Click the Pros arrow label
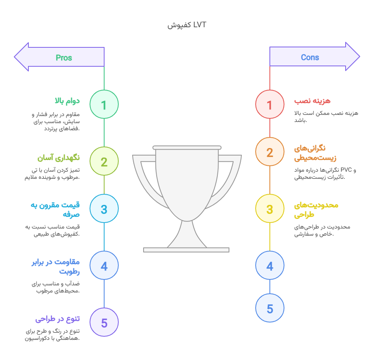click(64, 58)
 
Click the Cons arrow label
click(310, 57)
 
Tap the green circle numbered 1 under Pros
click(104, 104)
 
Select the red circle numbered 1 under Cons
click(270, 104)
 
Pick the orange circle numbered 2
click(270, 152)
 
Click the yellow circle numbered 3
click(270, 208)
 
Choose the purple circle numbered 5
click(104, 322)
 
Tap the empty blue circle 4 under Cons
click(270, 265)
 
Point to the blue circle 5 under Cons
click(270, 308)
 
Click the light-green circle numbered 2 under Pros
click(104, 161)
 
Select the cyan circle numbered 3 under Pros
click(104, 208)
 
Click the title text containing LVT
click(187, 25)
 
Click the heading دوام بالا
click(67, 101)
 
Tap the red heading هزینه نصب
click(312, 101)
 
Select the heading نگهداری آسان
click(58, 158)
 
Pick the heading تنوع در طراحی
click(58, 319)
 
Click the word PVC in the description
click(346, 170)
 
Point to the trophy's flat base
click(186, 250)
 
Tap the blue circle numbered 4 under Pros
click(104, 265)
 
